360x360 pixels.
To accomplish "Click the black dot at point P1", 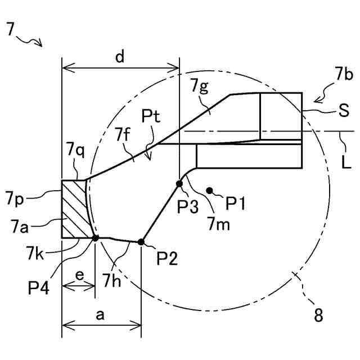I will [210, 191].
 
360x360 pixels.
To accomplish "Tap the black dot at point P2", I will [141, 242].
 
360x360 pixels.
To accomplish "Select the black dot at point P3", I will [179, 184].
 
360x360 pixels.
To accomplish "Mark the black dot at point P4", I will [95, 238].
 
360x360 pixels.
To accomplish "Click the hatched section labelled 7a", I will [74, 208].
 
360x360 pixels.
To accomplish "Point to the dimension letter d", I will [119, 57].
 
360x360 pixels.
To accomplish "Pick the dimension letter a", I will [100, 316].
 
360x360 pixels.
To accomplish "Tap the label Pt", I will [151, 117].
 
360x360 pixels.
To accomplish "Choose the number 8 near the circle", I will [318, 316].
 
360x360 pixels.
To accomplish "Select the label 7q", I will [75, 150].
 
